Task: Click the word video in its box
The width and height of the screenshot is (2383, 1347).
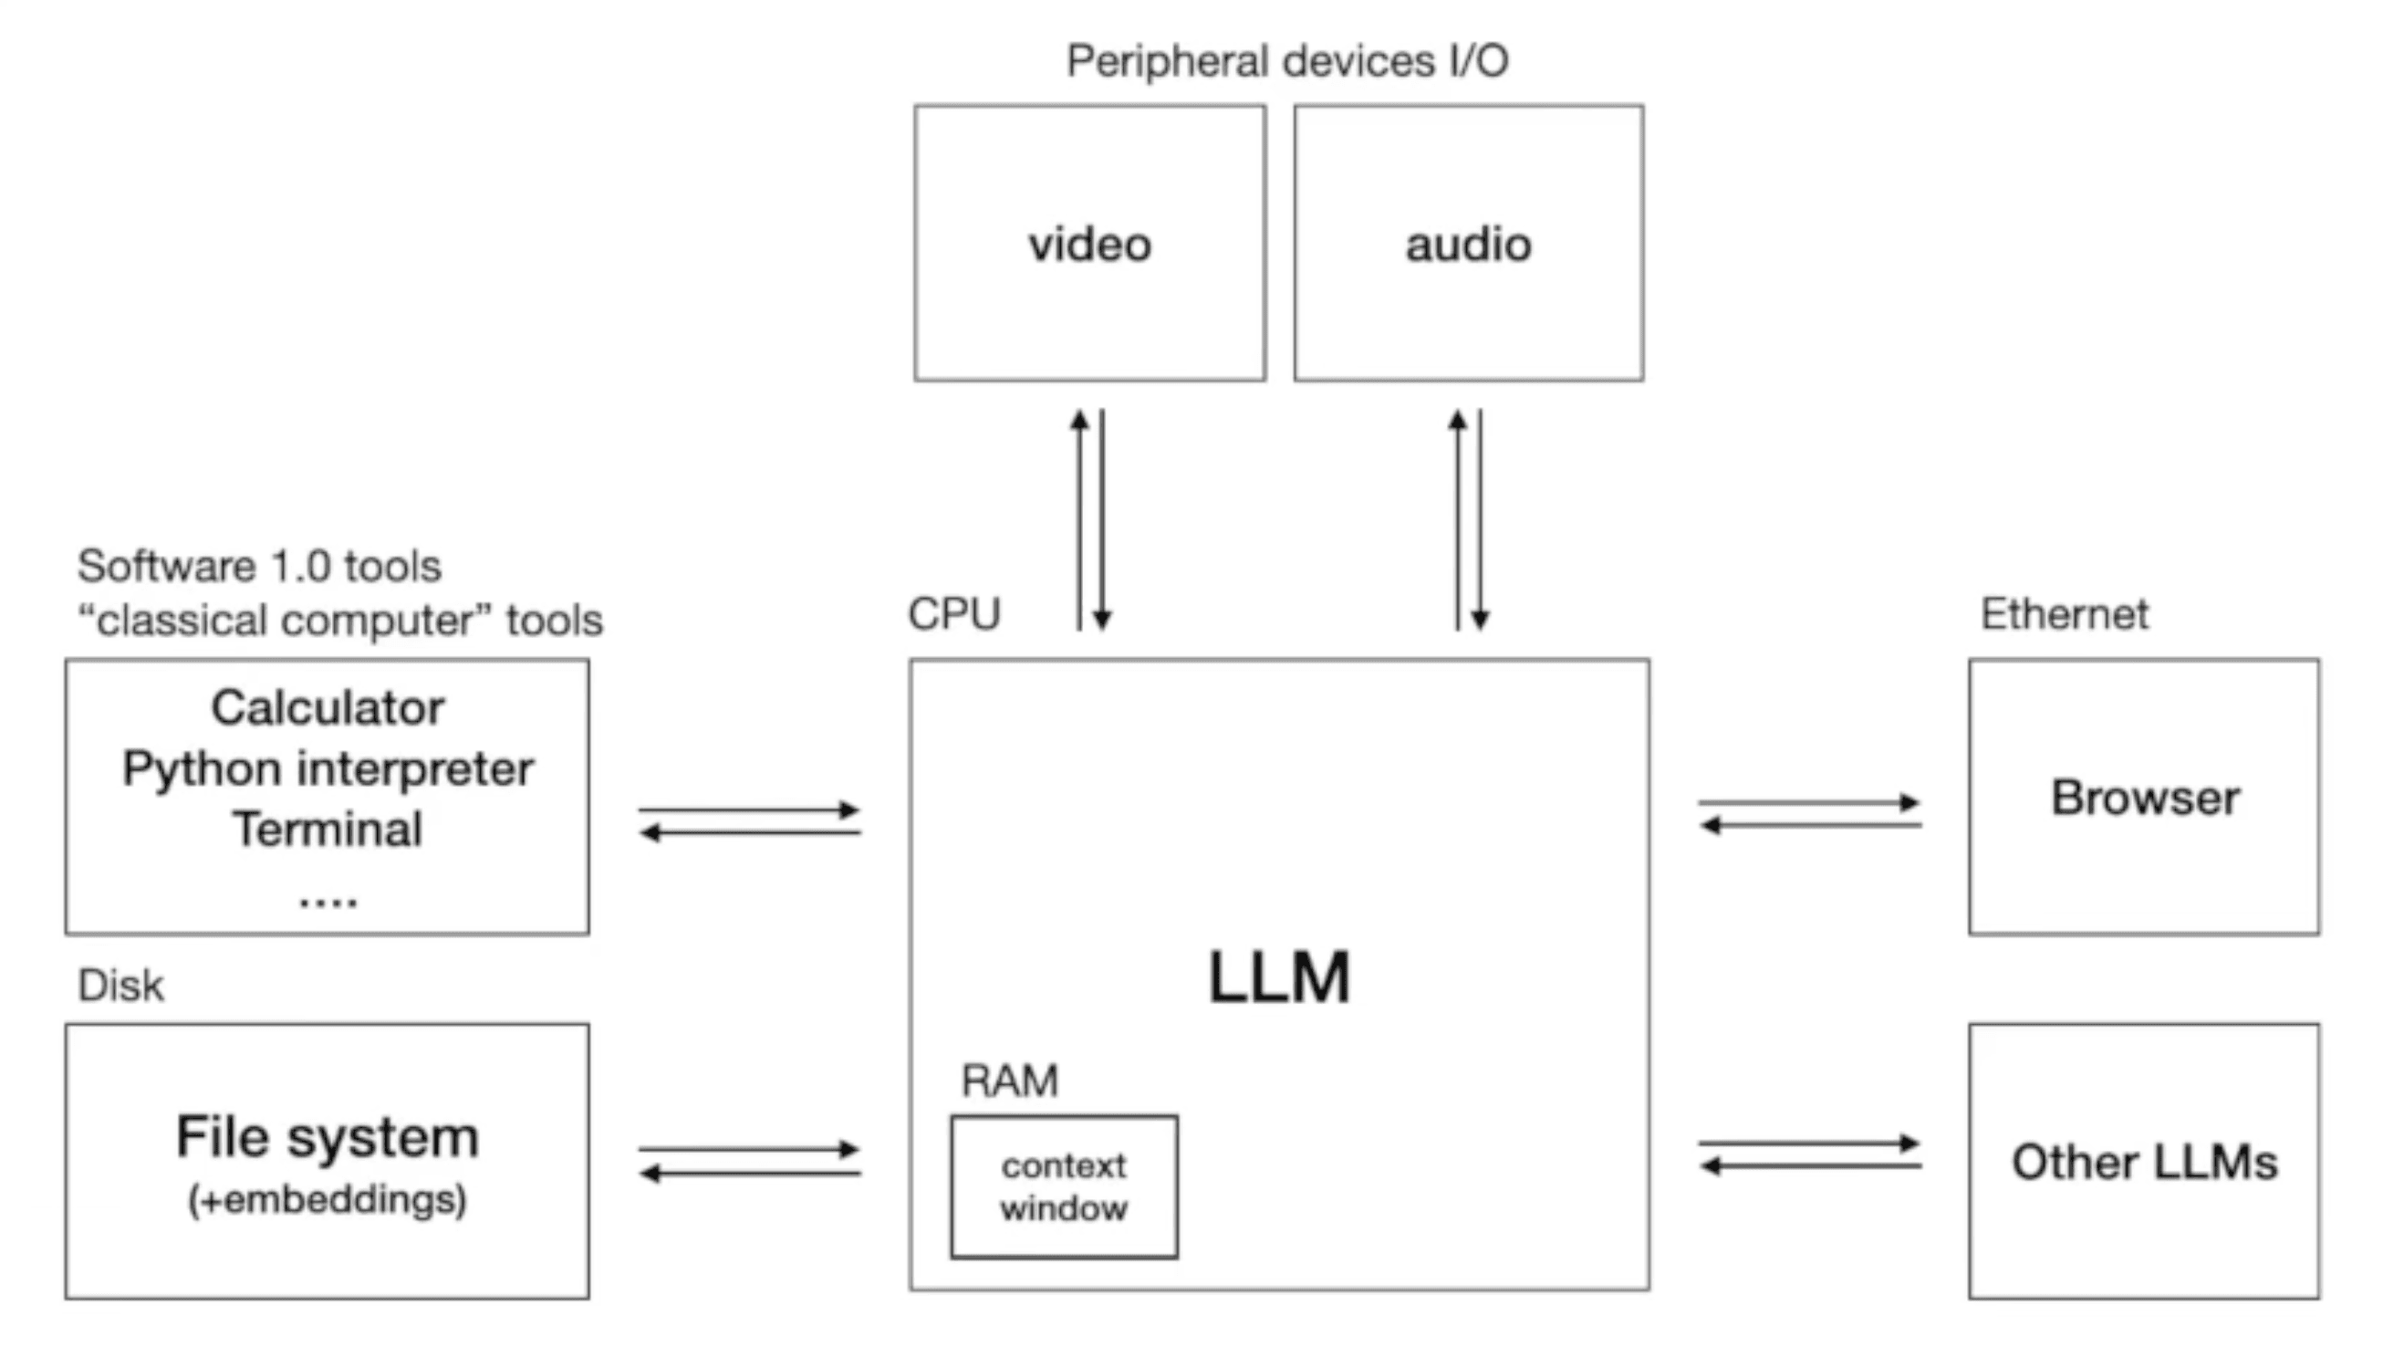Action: coord(1089,245)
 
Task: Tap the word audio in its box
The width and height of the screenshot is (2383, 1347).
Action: coord(1468,245)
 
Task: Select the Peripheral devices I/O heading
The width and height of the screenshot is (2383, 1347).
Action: coord(1286,62)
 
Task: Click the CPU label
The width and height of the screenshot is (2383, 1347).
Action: coord(953,613)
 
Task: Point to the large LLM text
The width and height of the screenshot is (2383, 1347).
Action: coord(1279,978)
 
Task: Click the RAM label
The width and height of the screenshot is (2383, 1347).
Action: coord(1009,1081)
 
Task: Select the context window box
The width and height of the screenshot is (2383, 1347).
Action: coord(1064,1187)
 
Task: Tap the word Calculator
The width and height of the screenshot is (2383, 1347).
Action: coord(328,708)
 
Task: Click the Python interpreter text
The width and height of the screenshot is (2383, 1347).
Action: coord(328,768)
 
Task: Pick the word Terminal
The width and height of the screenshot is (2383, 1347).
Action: coord(328,828)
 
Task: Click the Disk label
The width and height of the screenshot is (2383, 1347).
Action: coord(120,986)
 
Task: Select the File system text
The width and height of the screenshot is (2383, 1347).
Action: coord(328,1137)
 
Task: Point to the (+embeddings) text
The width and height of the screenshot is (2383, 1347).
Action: coord(328,1200)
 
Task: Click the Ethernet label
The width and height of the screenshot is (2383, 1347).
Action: coord(2064,614)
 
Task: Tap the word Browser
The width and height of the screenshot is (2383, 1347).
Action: coord(2144,798)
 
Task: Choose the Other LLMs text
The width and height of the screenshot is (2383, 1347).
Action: coord(2144,1163)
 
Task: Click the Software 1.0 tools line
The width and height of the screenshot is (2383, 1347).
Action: coord(259,566)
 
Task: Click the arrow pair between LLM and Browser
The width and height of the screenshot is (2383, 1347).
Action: coord(1809,814)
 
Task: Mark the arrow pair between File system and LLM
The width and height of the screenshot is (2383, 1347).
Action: coord(749,1162)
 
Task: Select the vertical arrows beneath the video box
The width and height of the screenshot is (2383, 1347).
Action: coord(1090,520)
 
